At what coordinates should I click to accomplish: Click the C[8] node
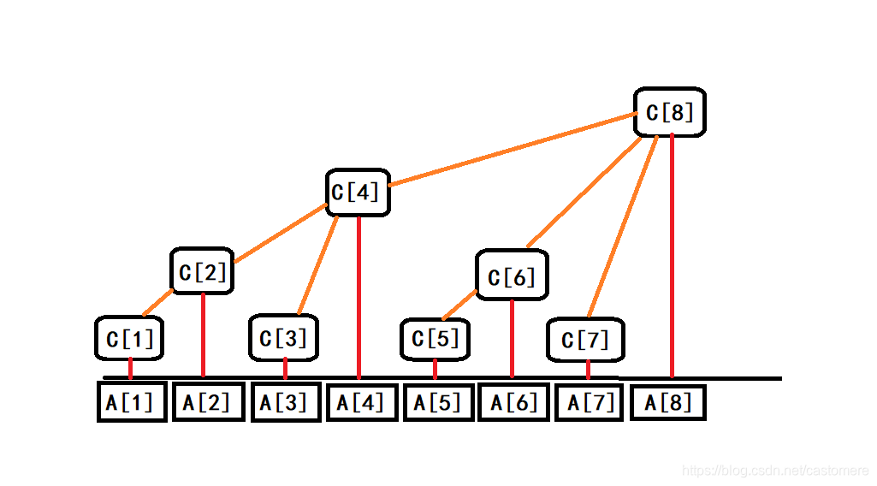(670, 112)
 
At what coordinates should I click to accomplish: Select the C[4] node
(358, 193)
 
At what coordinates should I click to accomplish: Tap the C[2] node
(202, 272)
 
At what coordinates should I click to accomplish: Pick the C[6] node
(512, 276)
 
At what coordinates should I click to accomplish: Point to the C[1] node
(129, 338)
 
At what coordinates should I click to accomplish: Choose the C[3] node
(284, 338)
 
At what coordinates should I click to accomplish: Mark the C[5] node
(436, 339)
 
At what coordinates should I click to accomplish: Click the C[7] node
(586, 340)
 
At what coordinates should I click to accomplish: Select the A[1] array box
(131, 402)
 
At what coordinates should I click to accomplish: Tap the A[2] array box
(208, 402)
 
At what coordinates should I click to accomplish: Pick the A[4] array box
(361, 402)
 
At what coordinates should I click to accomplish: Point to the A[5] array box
(437, 402)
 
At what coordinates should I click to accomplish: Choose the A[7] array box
(591, 402)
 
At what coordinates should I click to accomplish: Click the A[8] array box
(668, 402)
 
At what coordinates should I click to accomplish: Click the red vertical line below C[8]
(673, 257)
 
